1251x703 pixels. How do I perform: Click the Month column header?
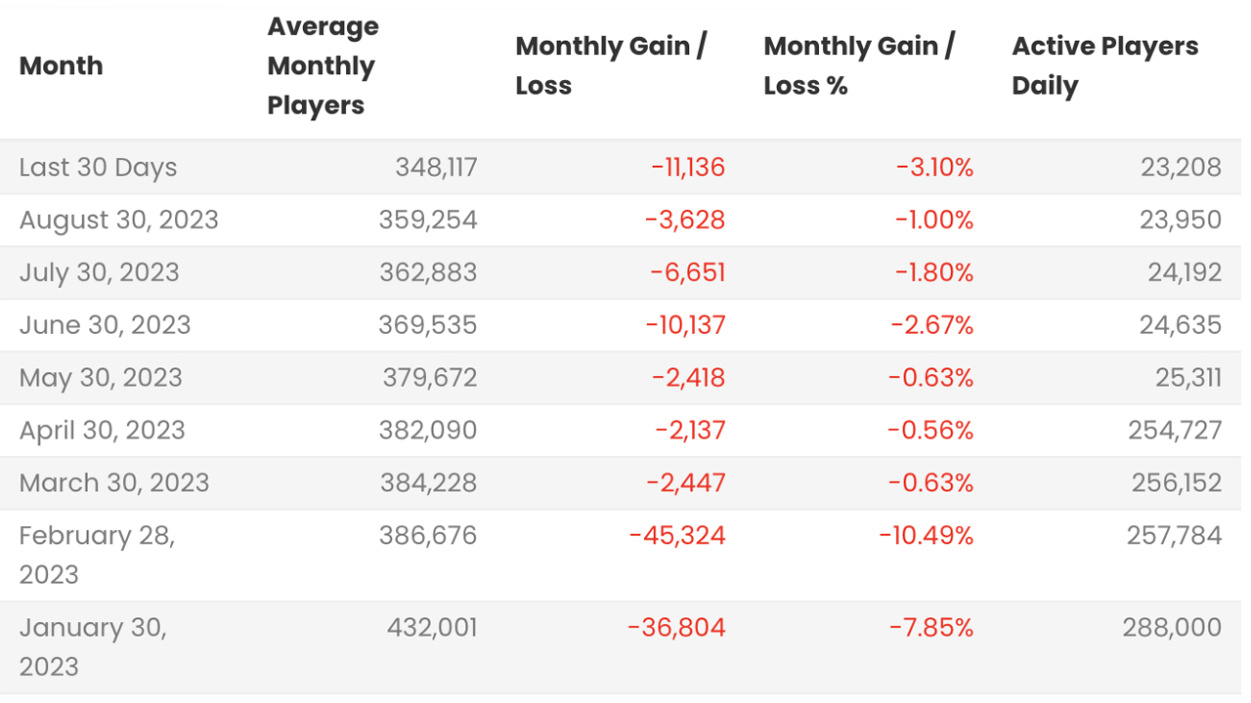(61, 66)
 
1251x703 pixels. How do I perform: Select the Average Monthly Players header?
(323, 66)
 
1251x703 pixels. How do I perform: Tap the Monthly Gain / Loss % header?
(858, 66)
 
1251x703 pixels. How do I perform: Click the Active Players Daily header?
(1104, 66)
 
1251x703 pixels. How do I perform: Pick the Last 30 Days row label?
(98, 167)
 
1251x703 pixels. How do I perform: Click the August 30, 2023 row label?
(118, 220)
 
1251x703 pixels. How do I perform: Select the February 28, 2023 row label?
(96, 554)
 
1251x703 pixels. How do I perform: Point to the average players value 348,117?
(436, 167)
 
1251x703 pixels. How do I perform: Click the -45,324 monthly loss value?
(677, 536)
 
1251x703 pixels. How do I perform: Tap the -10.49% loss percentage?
(926, 536)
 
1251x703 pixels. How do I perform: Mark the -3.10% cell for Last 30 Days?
(934, 167)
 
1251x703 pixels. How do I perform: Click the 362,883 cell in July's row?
(428, 272)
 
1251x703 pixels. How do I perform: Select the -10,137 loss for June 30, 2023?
(685, 325)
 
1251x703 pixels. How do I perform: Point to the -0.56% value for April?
(929, 431)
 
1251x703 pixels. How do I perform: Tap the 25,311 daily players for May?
(1187, 378)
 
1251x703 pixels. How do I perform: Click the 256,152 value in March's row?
(1176, 483)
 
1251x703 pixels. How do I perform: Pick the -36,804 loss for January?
(676, 628)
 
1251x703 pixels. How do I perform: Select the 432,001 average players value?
(432, 628)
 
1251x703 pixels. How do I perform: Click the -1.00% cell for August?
(934, 220)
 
